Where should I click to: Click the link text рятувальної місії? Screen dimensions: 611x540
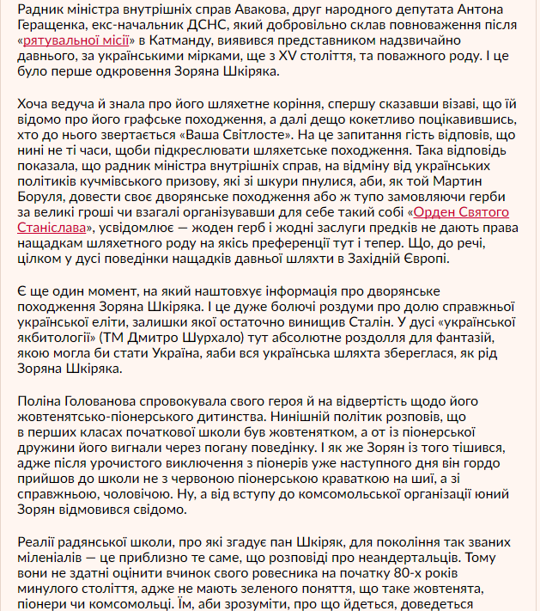(76, 40)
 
